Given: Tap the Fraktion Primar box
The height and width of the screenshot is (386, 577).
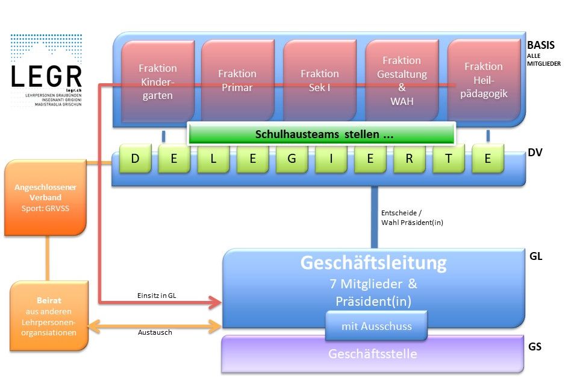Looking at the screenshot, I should [x=237, y=80].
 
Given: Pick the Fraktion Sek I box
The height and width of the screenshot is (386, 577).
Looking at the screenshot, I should [x=319, y=80].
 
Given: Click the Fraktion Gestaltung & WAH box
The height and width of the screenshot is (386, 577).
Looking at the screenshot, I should [x=402, y=80].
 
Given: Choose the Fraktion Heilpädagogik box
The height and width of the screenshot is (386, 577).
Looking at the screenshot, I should [x=483, y=80].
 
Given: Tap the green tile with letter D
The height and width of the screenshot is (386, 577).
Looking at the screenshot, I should [x=135, y=159].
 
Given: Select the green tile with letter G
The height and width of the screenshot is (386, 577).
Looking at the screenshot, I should [x=292, y=159].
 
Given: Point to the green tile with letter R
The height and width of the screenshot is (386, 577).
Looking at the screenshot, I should [x=409, y=159].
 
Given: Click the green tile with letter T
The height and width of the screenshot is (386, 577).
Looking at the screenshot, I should [x=448, y=159].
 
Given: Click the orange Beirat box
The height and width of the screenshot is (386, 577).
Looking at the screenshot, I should [x=49, y=316].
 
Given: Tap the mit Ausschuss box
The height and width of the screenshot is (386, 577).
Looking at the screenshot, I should [x=376, y=326].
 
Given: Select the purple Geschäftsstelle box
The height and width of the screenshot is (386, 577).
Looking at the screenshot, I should [x=372, y=354].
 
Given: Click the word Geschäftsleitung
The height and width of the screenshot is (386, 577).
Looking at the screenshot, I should [x=373, y=263].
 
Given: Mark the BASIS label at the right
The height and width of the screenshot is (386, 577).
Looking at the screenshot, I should [x=540, y=45].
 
